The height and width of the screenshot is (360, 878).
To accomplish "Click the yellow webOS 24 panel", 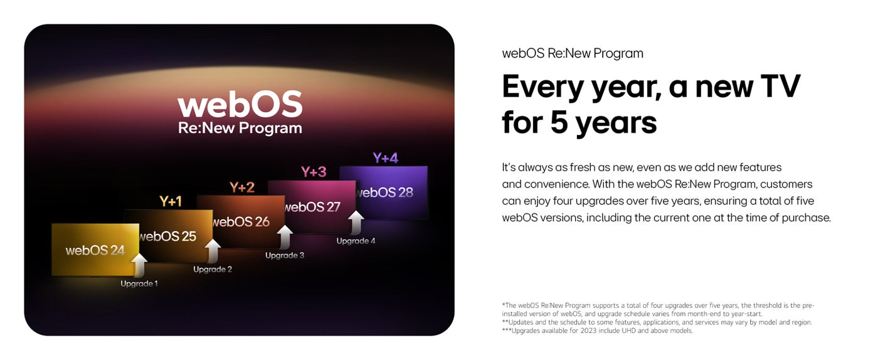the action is (x=95, y=250).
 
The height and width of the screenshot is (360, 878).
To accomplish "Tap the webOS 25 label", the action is (x=168, y=236).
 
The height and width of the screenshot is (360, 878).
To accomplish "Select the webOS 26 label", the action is (x=241, y=222).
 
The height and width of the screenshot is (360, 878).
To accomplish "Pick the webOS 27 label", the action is (x=312, y=207).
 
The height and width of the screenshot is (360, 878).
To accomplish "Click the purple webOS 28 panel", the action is (x=383, y=192).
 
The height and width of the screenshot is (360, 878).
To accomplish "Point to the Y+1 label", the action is (x=171, y=201).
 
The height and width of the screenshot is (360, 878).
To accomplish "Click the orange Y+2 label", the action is (x=242, y=187).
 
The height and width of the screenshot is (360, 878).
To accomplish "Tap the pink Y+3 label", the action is (x=314, y=172).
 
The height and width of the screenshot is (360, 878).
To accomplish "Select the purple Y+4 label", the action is (x=385, y=158).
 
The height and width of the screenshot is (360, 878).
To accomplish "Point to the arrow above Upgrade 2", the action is (x=213, y=251).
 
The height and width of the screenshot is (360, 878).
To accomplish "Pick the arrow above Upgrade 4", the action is (x=356, y=223).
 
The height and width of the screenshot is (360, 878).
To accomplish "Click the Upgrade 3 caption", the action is (x=285, y=255).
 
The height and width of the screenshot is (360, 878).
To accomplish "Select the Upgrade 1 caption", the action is (x=139, y=283).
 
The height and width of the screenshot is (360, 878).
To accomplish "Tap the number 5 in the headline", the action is (x=559, y=122).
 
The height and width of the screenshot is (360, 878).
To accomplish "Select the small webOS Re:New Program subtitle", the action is (x=573, y=53).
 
